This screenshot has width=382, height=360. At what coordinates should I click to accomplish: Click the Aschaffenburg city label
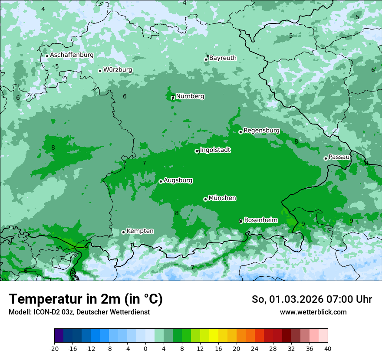[x=72, y=55]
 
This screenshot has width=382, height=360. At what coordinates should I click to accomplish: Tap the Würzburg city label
[x=118, y=70]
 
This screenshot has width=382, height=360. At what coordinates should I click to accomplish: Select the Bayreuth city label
[x=223, y=58]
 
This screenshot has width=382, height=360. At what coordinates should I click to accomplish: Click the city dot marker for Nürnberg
[x=172, y=98]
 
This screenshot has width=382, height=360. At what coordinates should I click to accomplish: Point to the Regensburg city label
[x=261, y=131]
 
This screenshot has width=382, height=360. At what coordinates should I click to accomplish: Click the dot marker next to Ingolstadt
[x=197, y=151]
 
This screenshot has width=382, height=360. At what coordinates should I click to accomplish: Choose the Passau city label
[x=339, y=157]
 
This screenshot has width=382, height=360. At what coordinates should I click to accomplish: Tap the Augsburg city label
[x=178, y=180]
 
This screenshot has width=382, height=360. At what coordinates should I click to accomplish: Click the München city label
[x=222, y=198]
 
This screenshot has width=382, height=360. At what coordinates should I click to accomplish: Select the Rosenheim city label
[x=260, y=220]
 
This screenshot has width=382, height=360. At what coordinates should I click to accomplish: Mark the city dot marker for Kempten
[x=123, y=232]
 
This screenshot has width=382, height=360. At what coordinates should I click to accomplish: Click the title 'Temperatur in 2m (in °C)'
[x=86, y=299]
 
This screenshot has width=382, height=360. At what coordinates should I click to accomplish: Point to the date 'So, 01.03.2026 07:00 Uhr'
[x=312, y=299]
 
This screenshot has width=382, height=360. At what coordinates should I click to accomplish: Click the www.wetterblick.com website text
[x=313, y=312]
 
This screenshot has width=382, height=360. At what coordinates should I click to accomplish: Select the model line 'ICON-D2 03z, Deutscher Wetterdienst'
[x=79, y=312]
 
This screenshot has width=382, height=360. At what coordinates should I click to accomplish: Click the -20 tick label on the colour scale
[x=54, y=348]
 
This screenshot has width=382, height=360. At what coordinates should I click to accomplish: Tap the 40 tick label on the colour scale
[x=327, y=348]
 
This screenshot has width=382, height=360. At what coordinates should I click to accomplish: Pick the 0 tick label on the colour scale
[x=145, y=348]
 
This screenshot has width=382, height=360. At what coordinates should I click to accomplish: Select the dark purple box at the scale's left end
[x=59, y=336]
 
